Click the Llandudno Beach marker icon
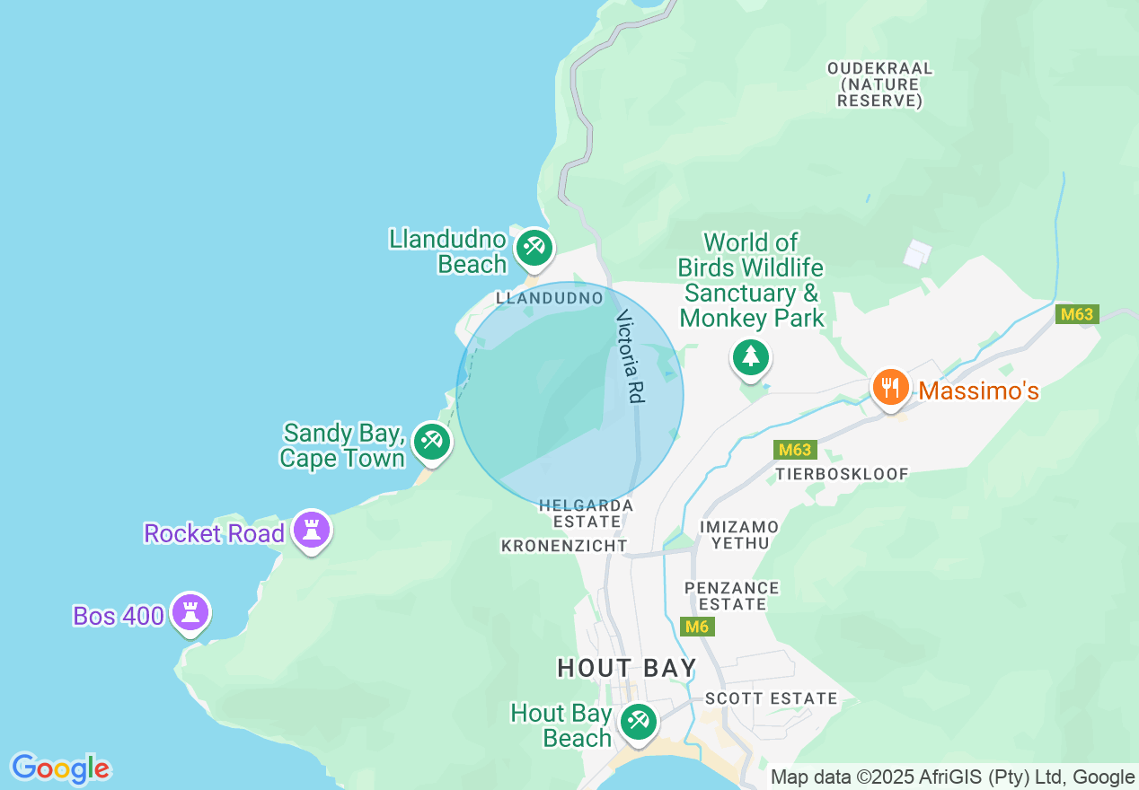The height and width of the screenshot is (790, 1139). click(x=534, y=247)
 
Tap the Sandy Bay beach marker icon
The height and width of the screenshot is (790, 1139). click(x=432, y=442)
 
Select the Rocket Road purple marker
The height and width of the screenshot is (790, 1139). click(x=312, y=530)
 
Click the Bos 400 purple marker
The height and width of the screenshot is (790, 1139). click(x=190, y=612)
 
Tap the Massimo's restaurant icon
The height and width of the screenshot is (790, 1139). click(x=890, y=388)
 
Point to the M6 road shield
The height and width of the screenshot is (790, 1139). click(x=697, y=627)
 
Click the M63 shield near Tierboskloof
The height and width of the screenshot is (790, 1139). click(x=795, y=450)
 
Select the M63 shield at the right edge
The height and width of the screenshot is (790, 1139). click(x=1077, y=314)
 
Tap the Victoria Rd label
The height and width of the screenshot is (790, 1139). click(x=631, y=355)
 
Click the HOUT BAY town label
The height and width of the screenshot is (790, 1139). click(x=627, y=668)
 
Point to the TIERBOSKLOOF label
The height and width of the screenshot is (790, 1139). click(x=843, y=473)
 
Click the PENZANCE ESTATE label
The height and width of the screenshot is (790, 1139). click(x=732, y=595)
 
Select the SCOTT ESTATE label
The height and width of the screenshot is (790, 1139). click(x=771, y=698)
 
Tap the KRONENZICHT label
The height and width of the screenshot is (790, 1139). click(x=564, y=546)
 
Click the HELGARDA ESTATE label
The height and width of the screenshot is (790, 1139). click(x=586, y=513)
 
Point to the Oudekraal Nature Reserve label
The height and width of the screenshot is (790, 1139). click(x=880, y=84)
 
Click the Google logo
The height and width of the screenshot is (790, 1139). click(x=60, y=768)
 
